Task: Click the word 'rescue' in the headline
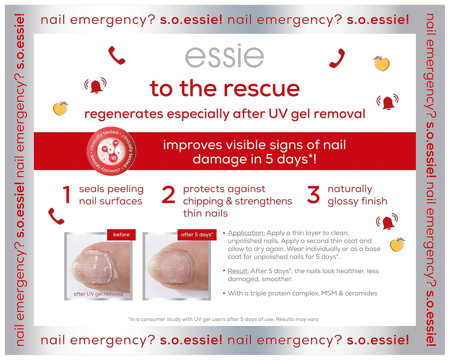[261, 89]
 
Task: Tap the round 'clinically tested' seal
[111, 151]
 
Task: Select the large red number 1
[67, 195]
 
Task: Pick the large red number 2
[168, 195]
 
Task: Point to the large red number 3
[313, 195]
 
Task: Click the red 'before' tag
[121, 235]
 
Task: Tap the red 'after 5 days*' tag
[197, 235]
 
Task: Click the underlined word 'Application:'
[246, 233]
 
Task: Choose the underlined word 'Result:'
[238, 271]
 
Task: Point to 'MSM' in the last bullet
[329, 293]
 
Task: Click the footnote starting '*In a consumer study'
[223, 319]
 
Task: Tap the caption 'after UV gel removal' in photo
[98, 294]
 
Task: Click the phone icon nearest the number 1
[56, 216]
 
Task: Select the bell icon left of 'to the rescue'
[95, 86]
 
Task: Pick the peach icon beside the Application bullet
[397, 245]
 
